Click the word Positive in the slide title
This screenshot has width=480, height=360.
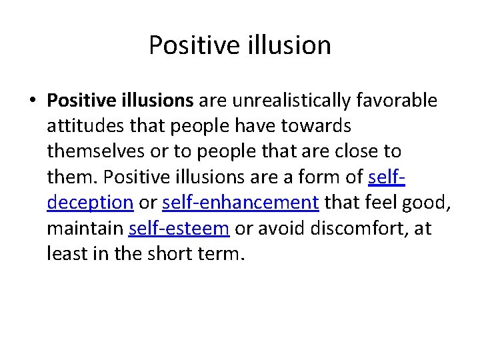[184, 45]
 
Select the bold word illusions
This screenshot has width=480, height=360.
[157, 101]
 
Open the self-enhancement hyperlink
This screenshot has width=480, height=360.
[240, 203]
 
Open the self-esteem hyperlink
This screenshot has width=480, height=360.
[179, 228]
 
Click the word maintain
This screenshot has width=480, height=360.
[85, 228]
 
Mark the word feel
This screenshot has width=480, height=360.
[382, 203]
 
